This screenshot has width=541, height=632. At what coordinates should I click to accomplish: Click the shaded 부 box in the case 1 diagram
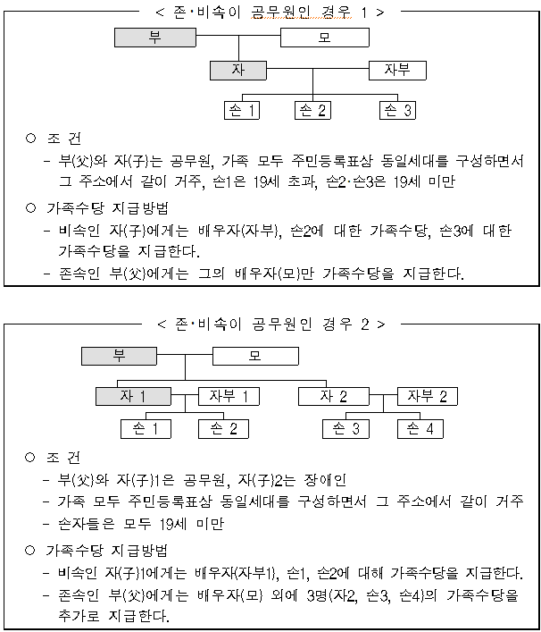point(154,38)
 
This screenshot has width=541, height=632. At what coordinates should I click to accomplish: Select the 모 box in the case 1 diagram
point(323,38)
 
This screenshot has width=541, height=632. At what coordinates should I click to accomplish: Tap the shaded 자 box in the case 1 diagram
point(237,70)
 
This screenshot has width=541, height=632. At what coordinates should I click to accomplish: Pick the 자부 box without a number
point(397,70)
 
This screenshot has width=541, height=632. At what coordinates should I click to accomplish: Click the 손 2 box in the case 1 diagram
point(312,111)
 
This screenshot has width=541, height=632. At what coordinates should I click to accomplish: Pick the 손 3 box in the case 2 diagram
point(346,429)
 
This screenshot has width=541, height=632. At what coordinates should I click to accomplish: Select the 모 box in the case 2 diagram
point(254,357)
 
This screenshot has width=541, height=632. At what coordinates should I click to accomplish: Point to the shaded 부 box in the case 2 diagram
point(120,356)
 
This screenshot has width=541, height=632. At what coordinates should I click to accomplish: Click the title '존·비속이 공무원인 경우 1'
point(270,13)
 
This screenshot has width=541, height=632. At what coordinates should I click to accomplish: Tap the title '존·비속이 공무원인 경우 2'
point(270,323)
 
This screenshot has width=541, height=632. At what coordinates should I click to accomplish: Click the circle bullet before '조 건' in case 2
point(29,457)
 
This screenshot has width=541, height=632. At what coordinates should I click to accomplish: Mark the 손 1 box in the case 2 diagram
point(145,429)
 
